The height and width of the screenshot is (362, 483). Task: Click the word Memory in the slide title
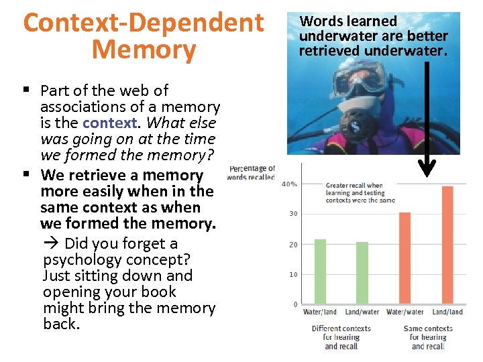pos(144,50)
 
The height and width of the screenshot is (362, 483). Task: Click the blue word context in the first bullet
pos(111,123)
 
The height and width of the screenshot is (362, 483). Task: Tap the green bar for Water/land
pos(320,271)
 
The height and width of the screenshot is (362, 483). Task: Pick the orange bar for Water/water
pos(405,257)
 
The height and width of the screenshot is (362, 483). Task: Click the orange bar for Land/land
pos(447,245)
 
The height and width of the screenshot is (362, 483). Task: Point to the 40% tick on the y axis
pos(290,184)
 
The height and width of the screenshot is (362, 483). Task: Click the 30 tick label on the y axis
pos(292,214)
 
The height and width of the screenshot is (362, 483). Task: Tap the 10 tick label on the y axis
pos(292,274)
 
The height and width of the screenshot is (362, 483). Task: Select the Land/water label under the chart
pos(362,312)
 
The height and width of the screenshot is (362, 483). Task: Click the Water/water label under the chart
pos(405,312)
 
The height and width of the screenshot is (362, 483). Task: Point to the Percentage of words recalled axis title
pos(251,173)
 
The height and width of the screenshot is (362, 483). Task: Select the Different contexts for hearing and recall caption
pos(341,337)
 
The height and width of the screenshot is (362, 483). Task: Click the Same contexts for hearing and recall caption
pos(428,337)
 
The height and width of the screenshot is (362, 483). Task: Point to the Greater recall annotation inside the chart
pos(360,193)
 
